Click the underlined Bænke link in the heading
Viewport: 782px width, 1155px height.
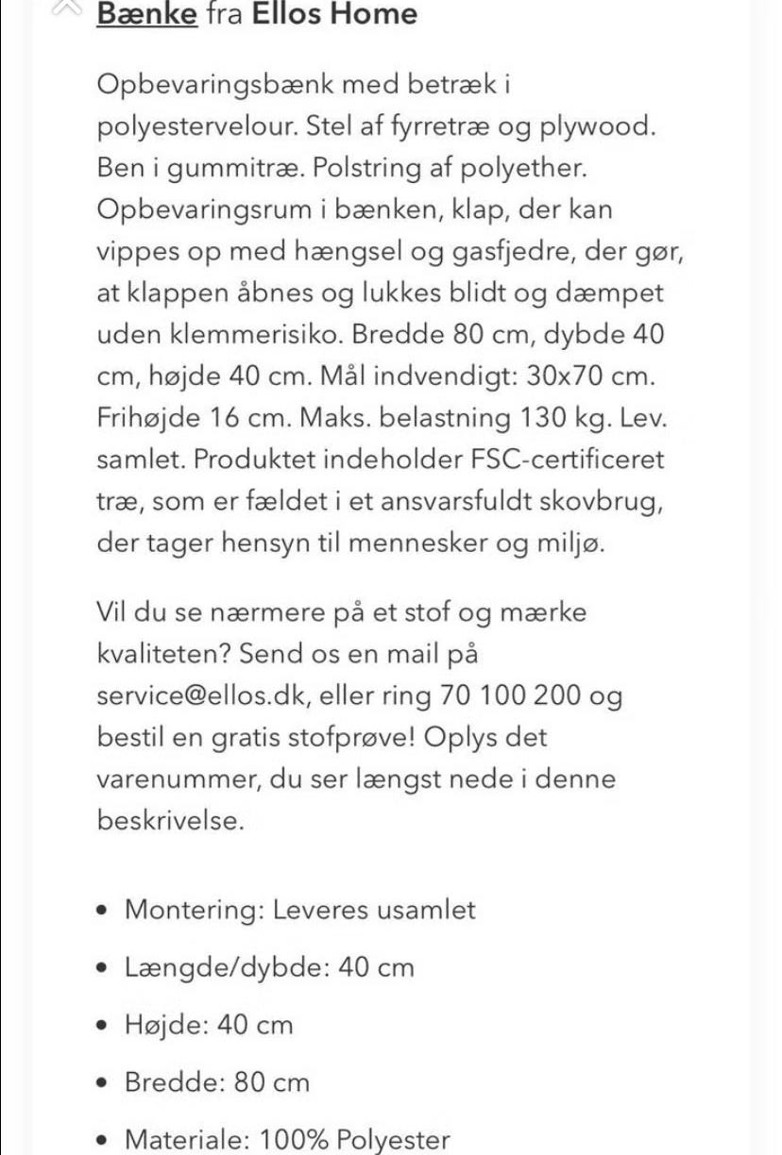[147, 14]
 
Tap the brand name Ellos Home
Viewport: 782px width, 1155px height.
[334, 14]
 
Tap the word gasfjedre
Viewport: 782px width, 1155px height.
[514, 252]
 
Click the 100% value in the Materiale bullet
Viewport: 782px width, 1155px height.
[293, 1140]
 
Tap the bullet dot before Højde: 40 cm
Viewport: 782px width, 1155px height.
[105, 1026]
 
